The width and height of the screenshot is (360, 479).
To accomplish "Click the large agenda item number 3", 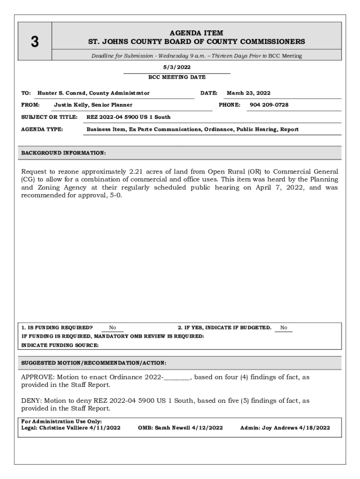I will pyautogui.click(x=34, y=42).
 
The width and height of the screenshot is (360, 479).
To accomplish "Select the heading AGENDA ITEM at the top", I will pyautogui.click(x=196, y=33).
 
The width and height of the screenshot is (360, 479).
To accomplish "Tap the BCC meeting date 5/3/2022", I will pyautogui.click(x=177, y=67).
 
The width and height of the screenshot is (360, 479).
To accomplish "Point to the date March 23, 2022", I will pyautogui.click(x=248, y=93).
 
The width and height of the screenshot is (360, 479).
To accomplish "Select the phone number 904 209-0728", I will pyautogui.click(x=269, y=105).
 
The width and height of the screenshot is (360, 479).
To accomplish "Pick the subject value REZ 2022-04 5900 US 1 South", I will pyautogui.click(x=129, y=117).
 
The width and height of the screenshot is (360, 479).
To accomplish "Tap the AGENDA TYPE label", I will pyautogui.click(x=43, y=129).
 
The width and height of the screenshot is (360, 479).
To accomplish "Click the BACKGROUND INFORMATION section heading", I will pyautogui.click(x=64, y=153).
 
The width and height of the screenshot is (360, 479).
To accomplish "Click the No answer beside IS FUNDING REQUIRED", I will pyautogui.click(x=113, y=328).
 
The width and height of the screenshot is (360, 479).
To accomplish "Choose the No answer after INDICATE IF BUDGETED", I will pyautogui.click(x=283, y=328).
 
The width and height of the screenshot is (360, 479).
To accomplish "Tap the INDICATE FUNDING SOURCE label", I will pyautogui.click(x=60, y=345).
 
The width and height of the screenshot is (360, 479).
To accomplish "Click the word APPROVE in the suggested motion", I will pyautogui.click(x=37, y=377).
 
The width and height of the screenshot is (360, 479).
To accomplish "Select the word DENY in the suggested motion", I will pyautogui.click(x=31, y=400).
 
